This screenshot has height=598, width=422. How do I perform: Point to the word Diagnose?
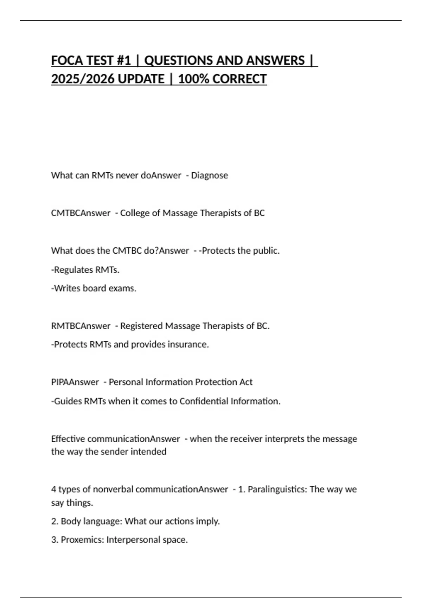(x=209, y=175)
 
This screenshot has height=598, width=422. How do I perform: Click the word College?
(x=135, y=213)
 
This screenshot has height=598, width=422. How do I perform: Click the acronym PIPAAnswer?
(x=75, y=382)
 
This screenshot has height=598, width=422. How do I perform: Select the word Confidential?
(x=204, y=401)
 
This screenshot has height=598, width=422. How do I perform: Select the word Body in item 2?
(x=69, y=521)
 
